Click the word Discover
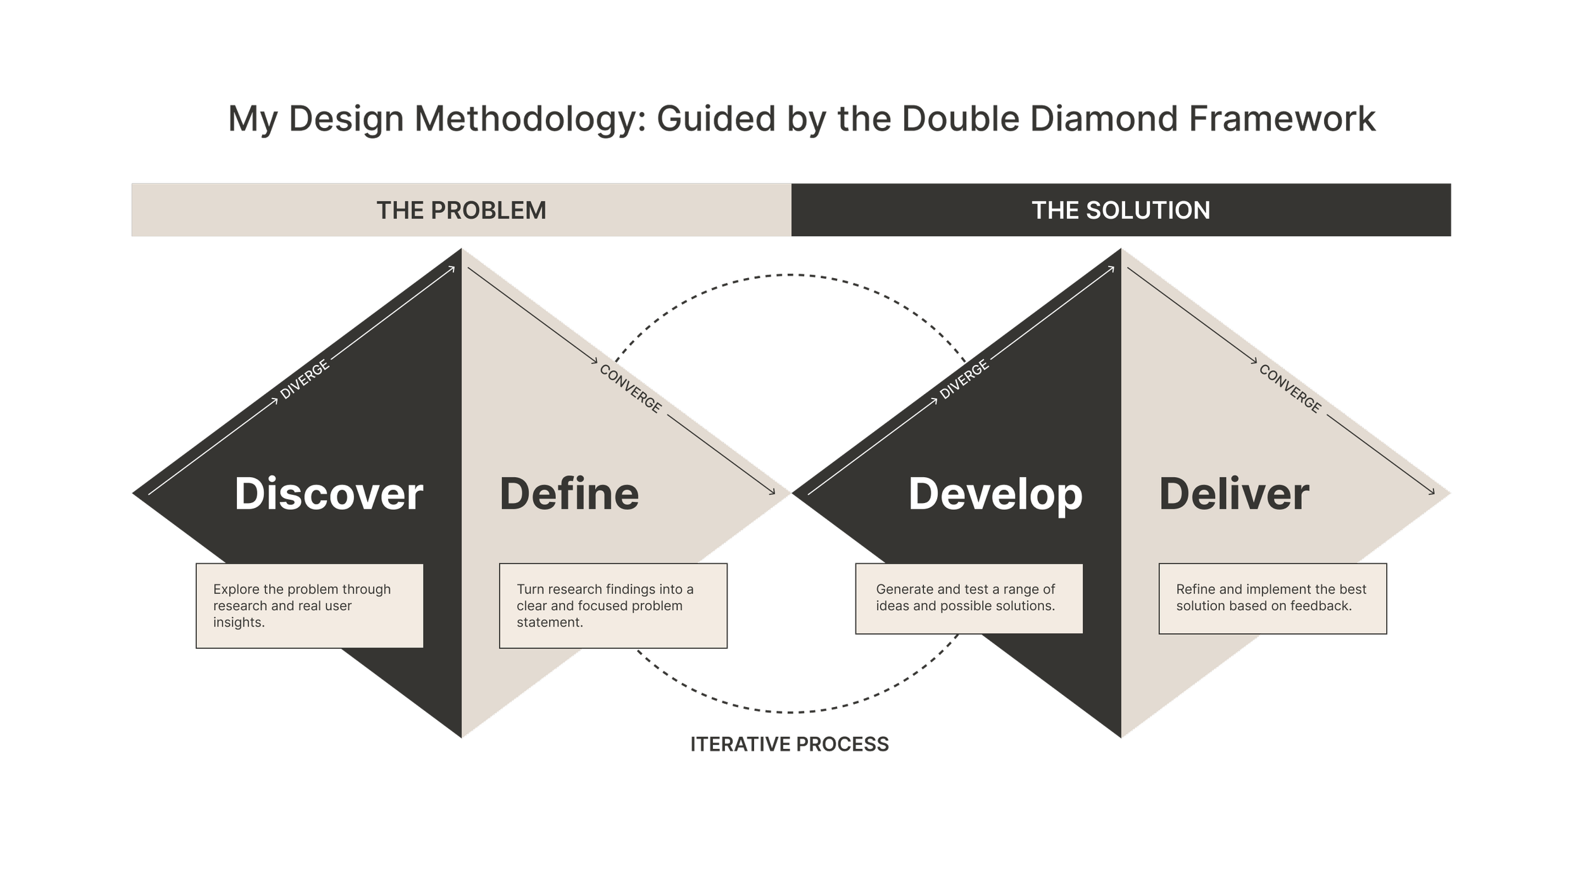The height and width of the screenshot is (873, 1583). (329, 494)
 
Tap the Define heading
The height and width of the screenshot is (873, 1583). (569, 494)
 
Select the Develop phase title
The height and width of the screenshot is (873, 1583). (995, 494)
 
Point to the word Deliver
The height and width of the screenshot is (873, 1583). (1233, 494)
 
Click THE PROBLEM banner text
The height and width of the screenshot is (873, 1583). (461, 210)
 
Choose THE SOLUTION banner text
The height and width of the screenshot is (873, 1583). (1121, 210)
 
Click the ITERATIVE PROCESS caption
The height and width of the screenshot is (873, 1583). (792, 744)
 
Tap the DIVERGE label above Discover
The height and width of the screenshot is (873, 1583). (305, 379)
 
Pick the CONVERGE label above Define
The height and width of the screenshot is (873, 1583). (631, 389)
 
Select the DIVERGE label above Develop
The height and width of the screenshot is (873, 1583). (964, 379)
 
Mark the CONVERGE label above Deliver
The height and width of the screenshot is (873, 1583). (1290, 389)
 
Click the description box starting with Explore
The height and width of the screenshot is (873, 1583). (310, 606)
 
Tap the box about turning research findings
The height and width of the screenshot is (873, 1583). (612, 606)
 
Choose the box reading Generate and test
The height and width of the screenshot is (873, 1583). (969, 598)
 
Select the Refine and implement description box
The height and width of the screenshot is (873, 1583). (1272, 598)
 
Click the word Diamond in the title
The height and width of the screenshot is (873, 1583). (1104, 118)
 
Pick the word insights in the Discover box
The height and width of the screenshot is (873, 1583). (238, 623)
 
